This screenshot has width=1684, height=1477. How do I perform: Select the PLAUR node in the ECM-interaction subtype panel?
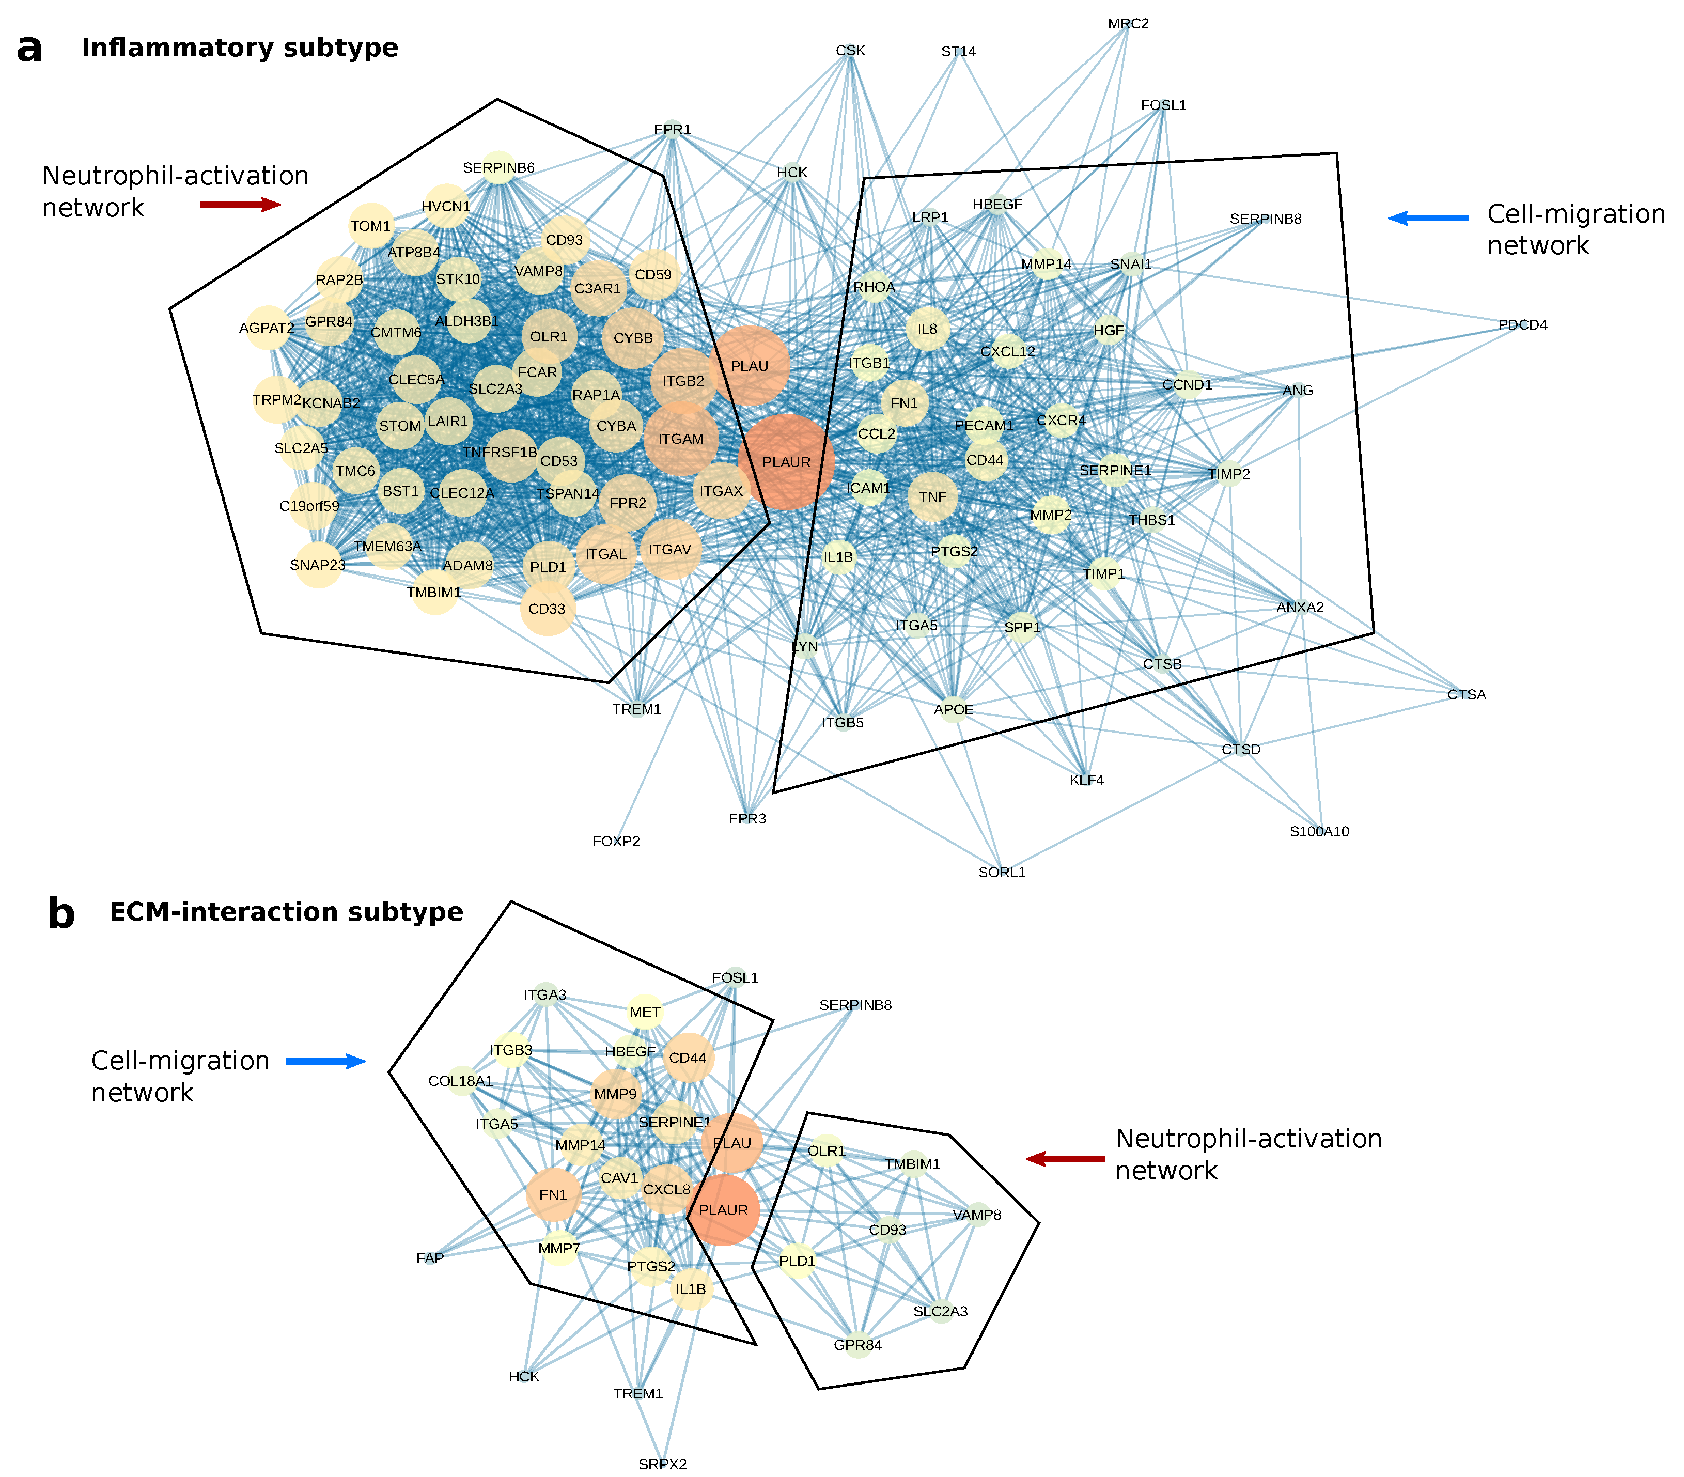pos(723,1210)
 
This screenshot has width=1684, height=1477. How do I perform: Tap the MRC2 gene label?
pos(1128,24)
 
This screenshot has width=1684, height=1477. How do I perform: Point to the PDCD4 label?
pos(1522,324)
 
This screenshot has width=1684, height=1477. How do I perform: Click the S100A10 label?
pos(1319,831)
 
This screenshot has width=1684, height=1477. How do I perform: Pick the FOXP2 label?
pos(616,841)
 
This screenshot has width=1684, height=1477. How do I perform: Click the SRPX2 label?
pos(662,1464)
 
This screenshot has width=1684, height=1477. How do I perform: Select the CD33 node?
pos(547,609)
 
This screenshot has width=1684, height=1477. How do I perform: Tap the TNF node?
pos(932,497)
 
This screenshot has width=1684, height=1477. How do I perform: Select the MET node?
pos(645,1012)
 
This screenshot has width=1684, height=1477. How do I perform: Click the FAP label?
pos(430,1258)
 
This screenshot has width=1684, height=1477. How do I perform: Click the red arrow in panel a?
pos(240,204)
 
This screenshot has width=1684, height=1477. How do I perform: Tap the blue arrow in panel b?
pos(325,1061)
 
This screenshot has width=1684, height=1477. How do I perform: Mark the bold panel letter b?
pos(61,913)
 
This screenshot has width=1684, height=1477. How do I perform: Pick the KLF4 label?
pos(1087,779)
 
